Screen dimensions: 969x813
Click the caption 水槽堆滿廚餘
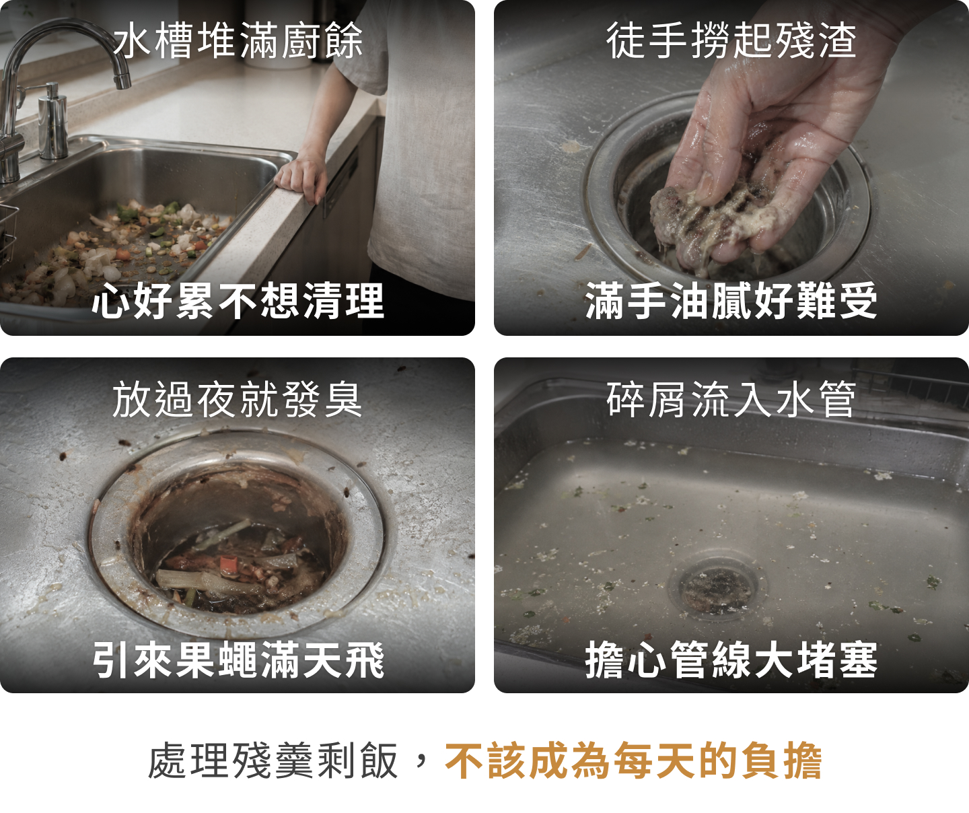point(238,40)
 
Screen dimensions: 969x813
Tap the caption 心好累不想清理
point(238,300)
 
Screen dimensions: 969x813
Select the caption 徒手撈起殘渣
point(731,40)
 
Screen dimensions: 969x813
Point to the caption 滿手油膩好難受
point(731,300)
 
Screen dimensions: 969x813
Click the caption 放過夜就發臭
point(238,399)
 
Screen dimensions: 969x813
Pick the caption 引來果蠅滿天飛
point(238,659)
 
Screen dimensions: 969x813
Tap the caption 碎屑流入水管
point(731,399)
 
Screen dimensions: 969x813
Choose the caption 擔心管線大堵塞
point(731,659)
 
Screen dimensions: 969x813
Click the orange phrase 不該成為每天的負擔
point(633,760)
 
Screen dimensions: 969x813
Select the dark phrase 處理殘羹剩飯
point(273,760)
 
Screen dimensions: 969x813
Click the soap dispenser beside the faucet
point(52,122)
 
